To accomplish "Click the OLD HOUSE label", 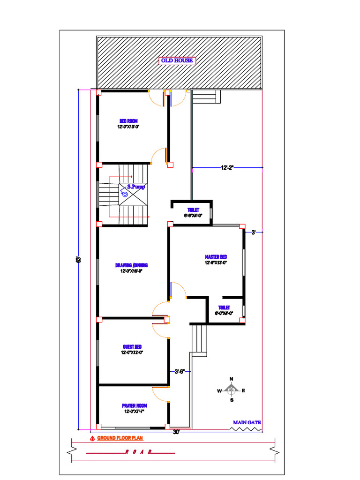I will coord(177,60).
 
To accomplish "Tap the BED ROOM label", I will coord(128,121).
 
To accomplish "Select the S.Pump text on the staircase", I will coord(136,187).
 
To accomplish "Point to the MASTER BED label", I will coord(216,257).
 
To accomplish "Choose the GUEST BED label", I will coord(132,347).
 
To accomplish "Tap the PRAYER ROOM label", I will coord(135,405).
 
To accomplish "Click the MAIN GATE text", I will coord(247,422).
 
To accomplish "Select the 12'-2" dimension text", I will coord(227,167).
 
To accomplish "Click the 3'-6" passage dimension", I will coord(180,372).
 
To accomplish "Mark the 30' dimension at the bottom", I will coord(176,432).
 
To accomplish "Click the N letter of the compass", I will coord(231,379).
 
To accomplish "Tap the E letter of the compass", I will coord(243,390).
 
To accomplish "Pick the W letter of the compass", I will coord(219,390).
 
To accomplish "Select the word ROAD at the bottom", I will coord(138,452).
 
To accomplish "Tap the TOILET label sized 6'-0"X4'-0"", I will coord(224,307).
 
